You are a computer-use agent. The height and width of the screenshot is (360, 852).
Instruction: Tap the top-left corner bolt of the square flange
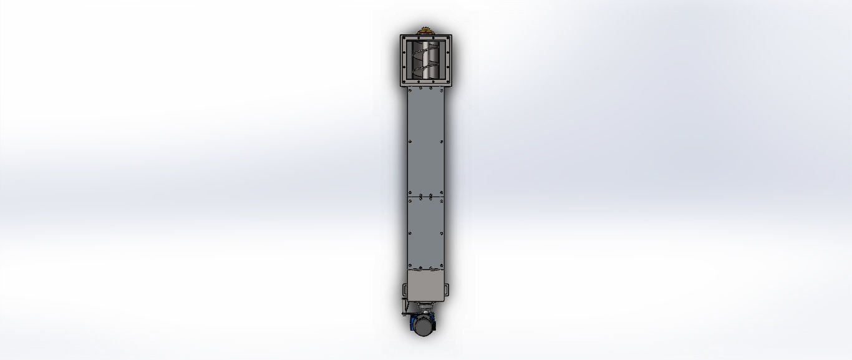(404, 38)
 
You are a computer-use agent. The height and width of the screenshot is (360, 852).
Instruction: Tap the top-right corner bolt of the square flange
(448, 38)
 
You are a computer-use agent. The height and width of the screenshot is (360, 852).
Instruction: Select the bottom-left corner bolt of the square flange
(404, 84)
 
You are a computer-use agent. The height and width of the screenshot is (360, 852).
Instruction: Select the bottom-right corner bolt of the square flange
(448, 84)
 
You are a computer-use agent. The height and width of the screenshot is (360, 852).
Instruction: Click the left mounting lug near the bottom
(404, 290)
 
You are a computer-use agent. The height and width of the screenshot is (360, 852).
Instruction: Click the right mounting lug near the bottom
(447, 289)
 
